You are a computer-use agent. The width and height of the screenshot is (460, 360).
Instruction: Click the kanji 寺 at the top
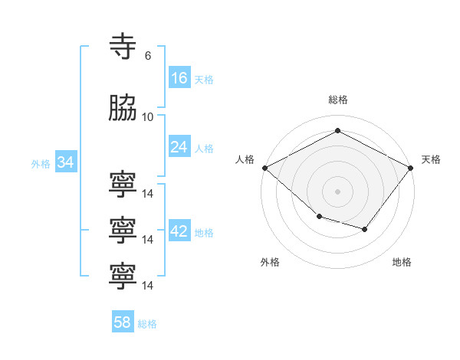(x=123, y=48)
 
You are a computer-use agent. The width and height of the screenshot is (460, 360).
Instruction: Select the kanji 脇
(x=123, y=110)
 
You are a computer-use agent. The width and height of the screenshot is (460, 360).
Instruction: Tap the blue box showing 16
(x=179, y=78)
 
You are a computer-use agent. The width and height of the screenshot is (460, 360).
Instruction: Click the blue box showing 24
(x=179, y=147)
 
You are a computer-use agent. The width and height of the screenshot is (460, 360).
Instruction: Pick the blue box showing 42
(x=179, y=232)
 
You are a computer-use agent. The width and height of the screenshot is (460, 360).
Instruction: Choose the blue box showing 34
(x=65, y=162)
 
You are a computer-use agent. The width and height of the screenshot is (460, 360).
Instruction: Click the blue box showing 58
(x=123, y=323)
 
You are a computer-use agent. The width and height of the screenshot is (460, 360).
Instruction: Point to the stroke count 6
(x=147, y=56)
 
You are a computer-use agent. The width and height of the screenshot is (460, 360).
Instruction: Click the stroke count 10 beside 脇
(x=148, y=117)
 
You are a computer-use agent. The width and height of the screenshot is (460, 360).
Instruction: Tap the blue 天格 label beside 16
(x=204, y=80)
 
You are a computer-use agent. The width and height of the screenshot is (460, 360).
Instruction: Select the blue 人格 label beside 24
(x=204, y=149)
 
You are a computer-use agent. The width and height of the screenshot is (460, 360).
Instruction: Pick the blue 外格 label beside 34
(x=41, y=164)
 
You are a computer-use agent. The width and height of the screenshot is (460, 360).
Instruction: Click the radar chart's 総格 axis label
(x=337, y=100)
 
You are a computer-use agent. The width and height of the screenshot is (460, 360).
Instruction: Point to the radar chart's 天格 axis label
(x=431, y=159)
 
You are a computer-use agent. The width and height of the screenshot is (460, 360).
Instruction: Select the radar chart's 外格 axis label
(x=270, y=262)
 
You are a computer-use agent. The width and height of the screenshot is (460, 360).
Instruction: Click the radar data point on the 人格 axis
(x=264, y=168)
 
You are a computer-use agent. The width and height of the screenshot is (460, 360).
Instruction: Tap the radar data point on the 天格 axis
(x=412, y=167)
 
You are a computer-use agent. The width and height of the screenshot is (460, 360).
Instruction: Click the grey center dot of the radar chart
(x=337, y=191)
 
